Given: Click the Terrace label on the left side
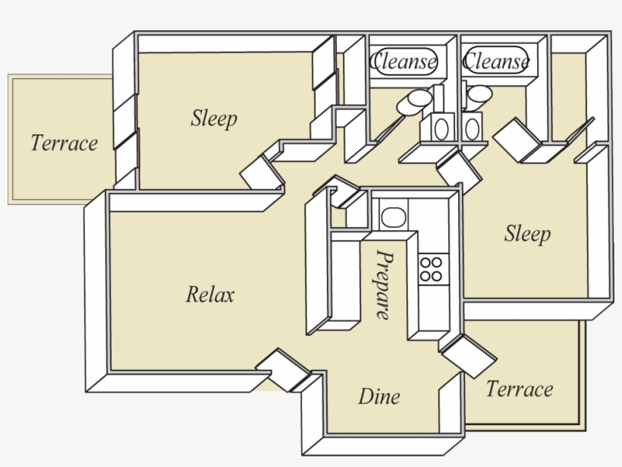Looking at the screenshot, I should (x=64, y=142).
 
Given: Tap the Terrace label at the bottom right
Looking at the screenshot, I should (x=519, y=389).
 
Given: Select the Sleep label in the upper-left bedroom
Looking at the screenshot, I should (x=214, y=118).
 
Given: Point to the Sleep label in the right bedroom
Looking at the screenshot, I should (x=526, y=233).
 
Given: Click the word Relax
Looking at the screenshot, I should (x=210, y=294).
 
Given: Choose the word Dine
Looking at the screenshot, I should (x=379, y=396).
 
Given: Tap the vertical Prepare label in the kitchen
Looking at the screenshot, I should (x=385, y=285).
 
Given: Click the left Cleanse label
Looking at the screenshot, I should (x=403, y=61).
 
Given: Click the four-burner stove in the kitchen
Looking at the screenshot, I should (x=432, y=269).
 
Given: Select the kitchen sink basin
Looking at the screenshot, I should (x=392, y=217).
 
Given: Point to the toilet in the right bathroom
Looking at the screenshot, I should (x=479, y=96).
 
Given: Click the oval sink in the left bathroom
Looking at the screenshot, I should (x=440, y=128).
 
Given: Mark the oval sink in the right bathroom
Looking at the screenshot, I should (x=472, y=128).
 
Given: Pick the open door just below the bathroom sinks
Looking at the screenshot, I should (x=459, y=170).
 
